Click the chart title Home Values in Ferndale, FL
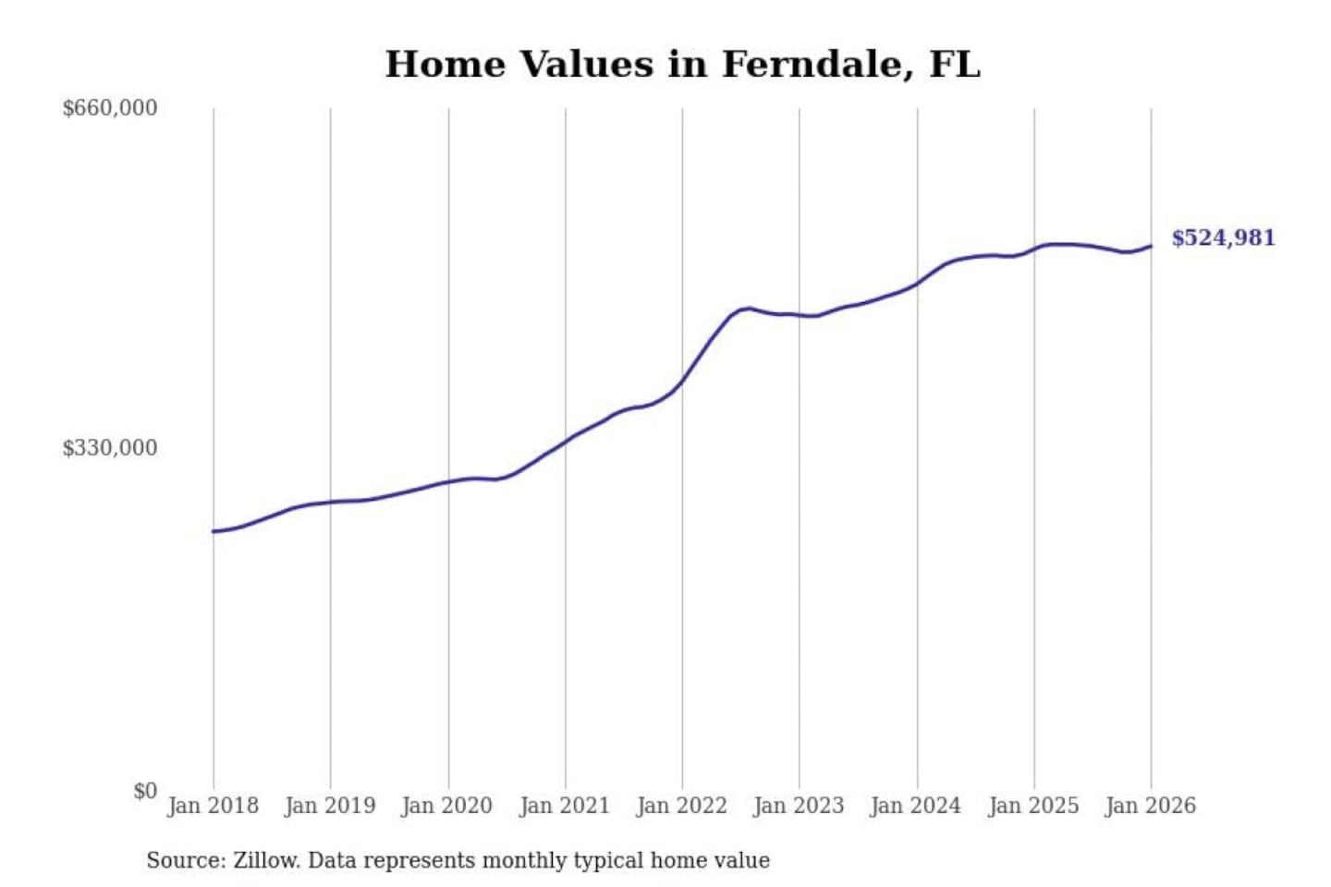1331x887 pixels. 682,65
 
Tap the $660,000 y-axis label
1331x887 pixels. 109,108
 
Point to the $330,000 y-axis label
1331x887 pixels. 109,448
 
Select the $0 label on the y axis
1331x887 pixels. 145,791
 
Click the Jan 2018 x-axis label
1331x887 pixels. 213,806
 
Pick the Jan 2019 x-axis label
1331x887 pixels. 330,806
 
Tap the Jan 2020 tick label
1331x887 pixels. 447,806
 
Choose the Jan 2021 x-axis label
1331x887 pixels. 565,806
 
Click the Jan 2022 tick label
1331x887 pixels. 682,806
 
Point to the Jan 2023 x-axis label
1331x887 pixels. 799,806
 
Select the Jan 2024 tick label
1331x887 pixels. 916,806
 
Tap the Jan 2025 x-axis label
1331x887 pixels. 1033,806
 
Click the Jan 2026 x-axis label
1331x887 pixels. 1151,806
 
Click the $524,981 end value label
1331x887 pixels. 1223,238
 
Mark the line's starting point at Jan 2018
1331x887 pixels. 214,531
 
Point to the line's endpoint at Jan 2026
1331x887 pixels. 1151,246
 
